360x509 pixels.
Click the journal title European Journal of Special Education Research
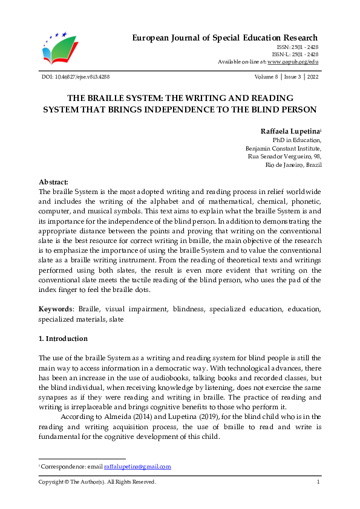[x=225, y=38]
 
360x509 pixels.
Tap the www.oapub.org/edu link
[x=293, y=62]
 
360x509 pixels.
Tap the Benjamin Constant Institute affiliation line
[x=283, y=148]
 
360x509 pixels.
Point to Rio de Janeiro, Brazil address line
[x=293, y=164]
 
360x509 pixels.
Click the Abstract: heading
[x=53, y=182]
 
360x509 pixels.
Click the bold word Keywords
[x=56, y=309]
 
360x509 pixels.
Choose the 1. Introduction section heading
[x=63, y=339]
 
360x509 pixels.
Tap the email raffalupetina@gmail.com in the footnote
[x=137, y=466]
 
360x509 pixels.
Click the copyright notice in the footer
[x=97, y=482]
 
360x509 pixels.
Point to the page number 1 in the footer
[x=318, y=482]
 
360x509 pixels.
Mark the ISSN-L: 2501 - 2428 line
[x=295, y=54]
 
